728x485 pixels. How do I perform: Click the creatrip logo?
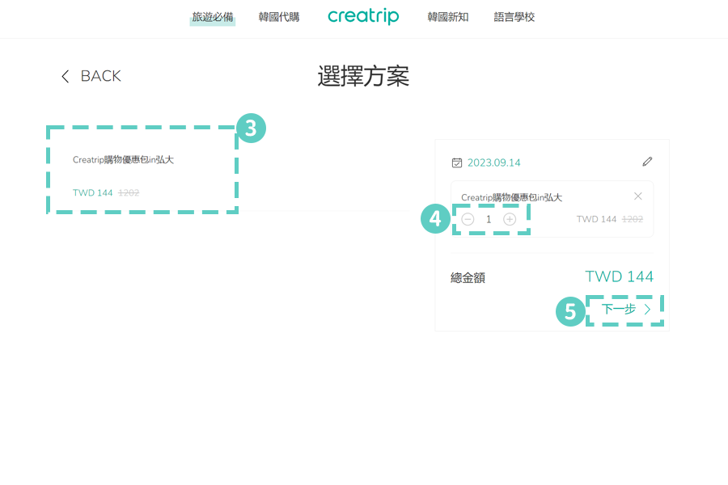363,16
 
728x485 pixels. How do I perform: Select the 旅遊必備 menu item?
213,17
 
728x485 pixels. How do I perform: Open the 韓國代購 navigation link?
279,17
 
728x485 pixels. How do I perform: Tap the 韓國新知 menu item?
448,17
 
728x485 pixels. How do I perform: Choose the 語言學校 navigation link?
514,17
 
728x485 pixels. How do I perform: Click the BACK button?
91,76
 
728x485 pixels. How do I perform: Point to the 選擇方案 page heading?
363,76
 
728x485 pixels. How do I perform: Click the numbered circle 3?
251,128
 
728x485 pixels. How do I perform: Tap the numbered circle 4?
435,218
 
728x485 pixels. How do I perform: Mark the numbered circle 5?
570,311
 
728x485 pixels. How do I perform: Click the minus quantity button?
468,219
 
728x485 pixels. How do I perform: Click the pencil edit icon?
647,162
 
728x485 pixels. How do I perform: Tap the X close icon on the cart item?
638,196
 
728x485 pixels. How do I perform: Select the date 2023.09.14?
494,162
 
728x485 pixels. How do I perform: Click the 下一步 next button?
625,310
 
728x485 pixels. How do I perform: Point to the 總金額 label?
468,278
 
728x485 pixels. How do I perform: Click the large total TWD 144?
619,276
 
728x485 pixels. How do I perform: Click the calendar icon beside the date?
456,162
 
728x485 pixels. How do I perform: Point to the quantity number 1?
489,219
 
